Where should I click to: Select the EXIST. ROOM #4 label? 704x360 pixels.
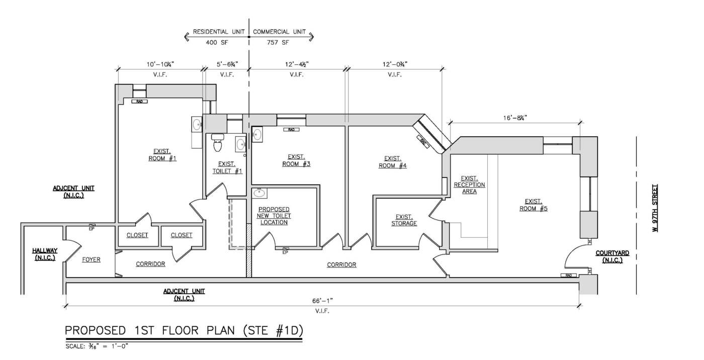[x=392, y=161]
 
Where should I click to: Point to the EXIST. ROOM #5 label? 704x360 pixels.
[x=533, y=205]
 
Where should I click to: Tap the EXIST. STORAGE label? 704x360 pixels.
[x=404, y=220]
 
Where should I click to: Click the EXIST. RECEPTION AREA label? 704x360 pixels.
[x=469, y=185]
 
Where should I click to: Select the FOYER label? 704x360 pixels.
[x=91, y=260]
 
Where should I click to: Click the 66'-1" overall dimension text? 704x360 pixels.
[x=322, y=301]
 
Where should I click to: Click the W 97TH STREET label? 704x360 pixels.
[x=655, y=208]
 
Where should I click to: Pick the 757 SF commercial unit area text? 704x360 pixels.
[x=278, y=43]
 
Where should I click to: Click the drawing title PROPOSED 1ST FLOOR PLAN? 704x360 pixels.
[x=184, y=331]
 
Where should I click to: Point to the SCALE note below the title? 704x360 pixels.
[x=98, y=346]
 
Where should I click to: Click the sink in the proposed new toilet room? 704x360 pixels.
[x=259, y=193]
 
